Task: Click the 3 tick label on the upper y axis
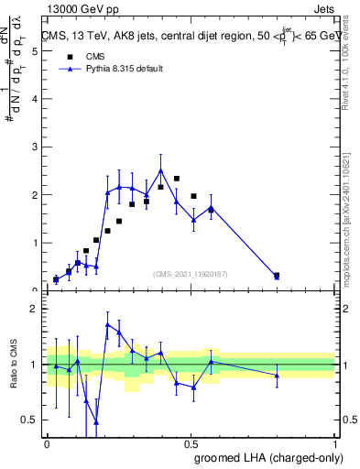point(34,147)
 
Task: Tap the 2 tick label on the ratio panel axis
point(34,309)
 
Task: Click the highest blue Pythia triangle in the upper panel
point(161,170)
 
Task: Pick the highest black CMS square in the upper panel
point(176,179)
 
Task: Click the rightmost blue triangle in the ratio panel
point(277,376)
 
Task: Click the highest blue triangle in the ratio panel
point(108,324)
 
